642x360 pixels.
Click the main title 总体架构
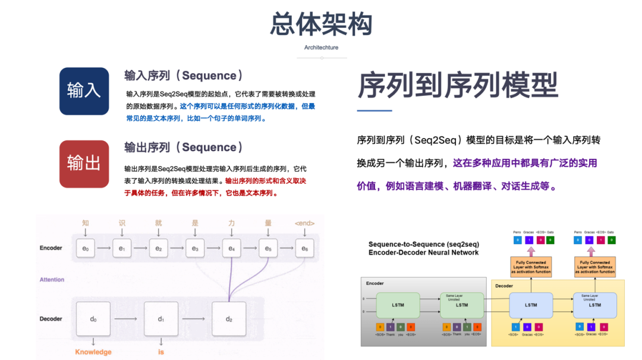(321, 24)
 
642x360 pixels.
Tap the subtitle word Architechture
(321, 48)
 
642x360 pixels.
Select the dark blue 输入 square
(84, 91)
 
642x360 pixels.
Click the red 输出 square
(84, 164)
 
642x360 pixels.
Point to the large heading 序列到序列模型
(457, 85)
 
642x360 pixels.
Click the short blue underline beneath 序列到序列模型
(374, 111)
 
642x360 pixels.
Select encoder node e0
(85, 248)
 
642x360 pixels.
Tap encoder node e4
(231, 248)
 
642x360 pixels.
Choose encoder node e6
(304, 248)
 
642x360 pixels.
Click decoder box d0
(93, 319)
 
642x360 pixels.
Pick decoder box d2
(229, 319)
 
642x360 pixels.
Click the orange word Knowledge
(93, 352)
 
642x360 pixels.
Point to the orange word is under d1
(161, 352)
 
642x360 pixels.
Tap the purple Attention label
(52, 280)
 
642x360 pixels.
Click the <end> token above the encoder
(304, 223)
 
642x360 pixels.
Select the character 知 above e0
(85, 223)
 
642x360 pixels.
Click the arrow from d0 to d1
(127, 319)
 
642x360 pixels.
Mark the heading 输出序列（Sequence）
(184, 148)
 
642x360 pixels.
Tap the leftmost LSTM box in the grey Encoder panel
(398, 305)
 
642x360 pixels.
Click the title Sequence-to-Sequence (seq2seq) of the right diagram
(423, 244)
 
